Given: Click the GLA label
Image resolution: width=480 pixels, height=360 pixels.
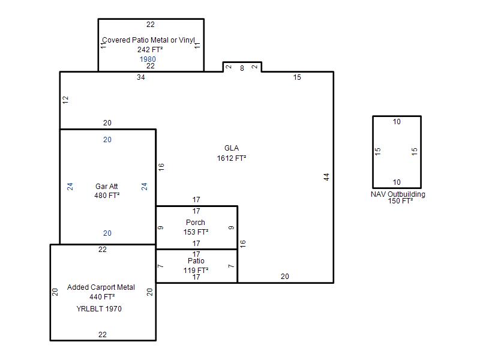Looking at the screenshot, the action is coord(232,148).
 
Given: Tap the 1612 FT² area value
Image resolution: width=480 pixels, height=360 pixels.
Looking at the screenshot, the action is coord(232,158).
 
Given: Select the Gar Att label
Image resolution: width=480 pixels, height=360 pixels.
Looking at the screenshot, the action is coord(107,187).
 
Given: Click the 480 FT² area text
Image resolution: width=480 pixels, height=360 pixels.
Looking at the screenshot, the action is coord(107,196).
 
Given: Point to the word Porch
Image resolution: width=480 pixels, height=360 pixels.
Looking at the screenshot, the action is coord(196,223).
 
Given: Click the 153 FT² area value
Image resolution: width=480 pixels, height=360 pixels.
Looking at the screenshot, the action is coord(196,232).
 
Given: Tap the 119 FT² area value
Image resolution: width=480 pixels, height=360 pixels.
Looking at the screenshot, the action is coord(196,271).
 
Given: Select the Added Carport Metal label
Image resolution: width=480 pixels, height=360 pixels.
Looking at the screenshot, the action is coord(101,287).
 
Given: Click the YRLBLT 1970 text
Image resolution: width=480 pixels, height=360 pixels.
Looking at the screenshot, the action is coord(99,308).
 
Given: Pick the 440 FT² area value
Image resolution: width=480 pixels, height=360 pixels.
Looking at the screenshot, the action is coord(102,297).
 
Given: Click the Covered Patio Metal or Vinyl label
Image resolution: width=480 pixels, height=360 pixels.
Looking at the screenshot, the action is coord(148,40).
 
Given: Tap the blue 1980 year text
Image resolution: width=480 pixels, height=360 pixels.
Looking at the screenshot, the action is coord(148,59).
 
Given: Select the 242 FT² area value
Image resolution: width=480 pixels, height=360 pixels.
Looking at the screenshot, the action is coord(150,50).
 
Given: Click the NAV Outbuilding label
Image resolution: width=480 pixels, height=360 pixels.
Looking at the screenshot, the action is coord(398,194).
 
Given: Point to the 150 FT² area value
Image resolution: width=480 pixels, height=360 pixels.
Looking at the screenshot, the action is coord(400,201).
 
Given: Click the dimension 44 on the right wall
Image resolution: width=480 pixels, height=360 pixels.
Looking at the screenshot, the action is coord(326,177).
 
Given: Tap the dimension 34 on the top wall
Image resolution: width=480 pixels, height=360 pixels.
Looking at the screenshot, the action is coord(141,77).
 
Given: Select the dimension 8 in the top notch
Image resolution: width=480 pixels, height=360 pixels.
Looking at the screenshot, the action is coord(242,68).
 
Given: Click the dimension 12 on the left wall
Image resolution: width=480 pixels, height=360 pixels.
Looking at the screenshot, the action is coord(65,100).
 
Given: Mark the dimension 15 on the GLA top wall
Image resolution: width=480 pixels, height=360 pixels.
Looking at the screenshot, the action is coord(297,77).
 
